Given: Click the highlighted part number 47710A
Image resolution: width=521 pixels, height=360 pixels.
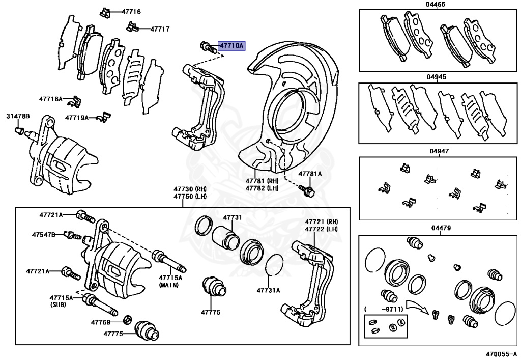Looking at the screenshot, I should pos(231,46).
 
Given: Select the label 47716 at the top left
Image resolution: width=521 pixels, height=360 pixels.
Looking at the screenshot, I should pos(131,11).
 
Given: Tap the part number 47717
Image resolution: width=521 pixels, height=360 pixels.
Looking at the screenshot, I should pos(159,29).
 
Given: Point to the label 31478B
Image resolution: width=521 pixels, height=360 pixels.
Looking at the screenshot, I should pos(18,117).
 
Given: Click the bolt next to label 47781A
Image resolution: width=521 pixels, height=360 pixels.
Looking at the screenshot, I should pos(307,190).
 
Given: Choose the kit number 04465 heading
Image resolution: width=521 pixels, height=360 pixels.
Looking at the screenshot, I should pos(436,5).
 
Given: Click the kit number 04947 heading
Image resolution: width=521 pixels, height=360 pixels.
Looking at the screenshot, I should pos(436,151).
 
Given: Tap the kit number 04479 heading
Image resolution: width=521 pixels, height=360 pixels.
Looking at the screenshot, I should pos(436,228).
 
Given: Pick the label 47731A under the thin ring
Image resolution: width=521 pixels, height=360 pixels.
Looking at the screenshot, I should pos(269,291).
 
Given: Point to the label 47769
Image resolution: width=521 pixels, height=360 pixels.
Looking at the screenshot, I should pos(101,322).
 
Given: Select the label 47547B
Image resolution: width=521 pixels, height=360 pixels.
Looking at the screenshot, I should pos(43,235).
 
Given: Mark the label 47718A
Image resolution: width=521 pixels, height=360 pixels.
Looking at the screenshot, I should pos(50,99).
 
